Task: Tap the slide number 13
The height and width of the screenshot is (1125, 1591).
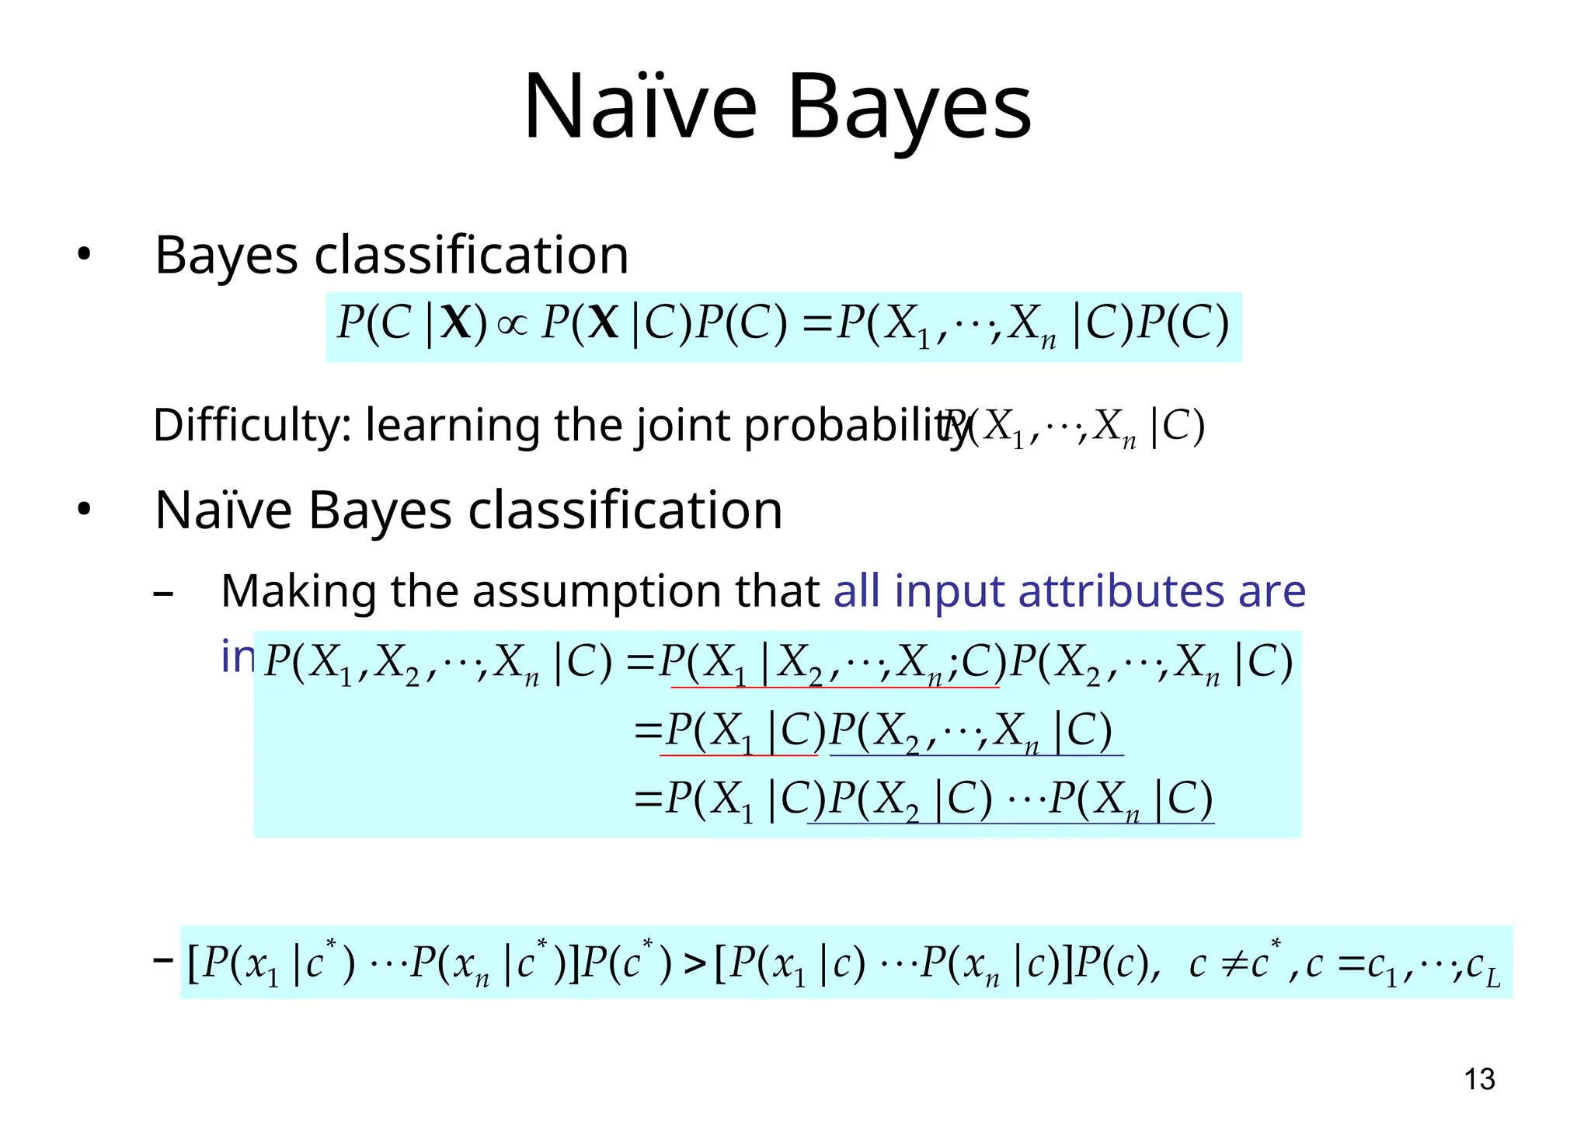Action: tap(1479, 1079)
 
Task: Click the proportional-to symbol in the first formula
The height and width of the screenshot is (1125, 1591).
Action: tap(512, 325)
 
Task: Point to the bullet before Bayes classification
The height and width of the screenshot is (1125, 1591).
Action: tap(84, 255)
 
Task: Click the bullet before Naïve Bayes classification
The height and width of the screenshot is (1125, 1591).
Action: tap(84, 510)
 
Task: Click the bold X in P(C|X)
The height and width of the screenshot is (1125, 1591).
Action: tap(455, 323)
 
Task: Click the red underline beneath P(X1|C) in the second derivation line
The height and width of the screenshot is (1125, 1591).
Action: tap(738, 755)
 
